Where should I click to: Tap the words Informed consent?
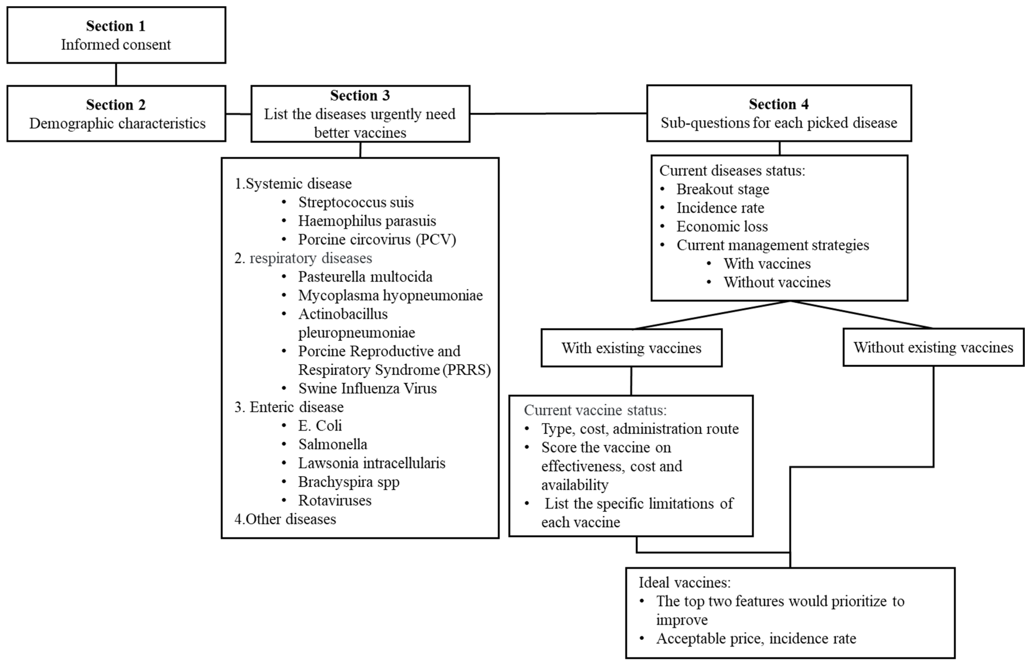(116, 44)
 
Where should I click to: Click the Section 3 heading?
(360, 95)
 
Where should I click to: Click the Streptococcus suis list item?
(356, 202)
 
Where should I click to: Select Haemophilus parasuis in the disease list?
(367, 221)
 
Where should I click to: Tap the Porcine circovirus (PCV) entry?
(377, 239)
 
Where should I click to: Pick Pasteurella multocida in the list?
(365, 276)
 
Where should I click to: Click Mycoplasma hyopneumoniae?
(390, 295)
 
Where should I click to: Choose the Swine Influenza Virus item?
(367, 388)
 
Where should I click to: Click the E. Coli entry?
(320, 425)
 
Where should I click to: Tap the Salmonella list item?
(333, 444)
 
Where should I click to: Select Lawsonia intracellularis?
(372, 463)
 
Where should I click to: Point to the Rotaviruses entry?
(335, 500)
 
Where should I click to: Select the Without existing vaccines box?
(933, 347)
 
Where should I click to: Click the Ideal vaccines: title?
(684, 582)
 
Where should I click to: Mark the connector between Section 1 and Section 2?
(116, 74)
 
